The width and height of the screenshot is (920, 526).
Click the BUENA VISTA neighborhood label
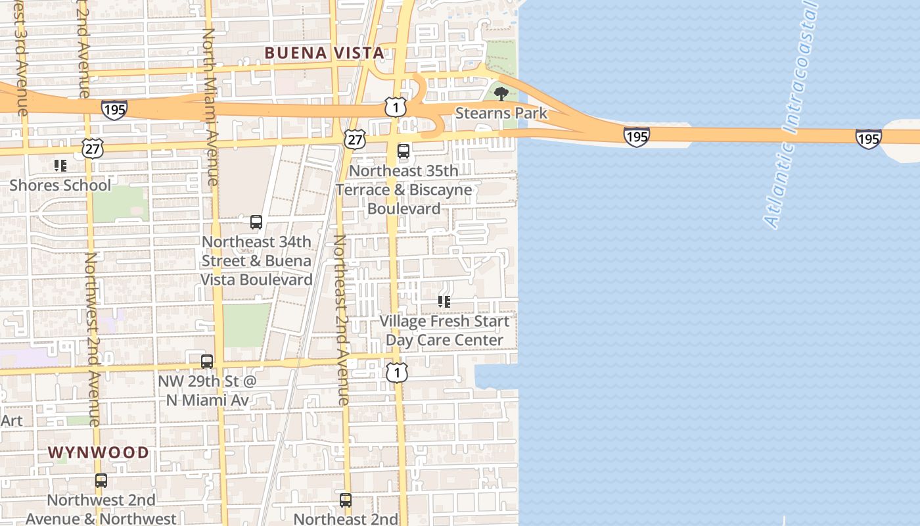coord(324,53)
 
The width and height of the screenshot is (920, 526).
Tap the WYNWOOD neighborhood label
coord(99,452)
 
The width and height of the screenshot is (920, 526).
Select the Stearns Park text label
coord(501,113)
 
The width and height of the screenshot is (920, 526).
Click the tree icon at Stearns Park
coord(501,93)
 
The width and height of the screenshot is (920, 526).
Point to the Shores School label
coord(60,185)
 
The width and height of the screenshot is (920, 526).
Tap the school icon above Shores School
coord(60,166)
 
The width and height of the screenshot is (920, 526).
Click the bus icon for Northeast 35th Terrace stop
coord(403,151)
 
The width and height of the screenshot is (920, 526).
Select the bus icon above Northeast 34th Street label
coord(256,222)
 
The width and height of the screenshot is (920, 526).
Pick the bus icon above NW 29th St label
coord(207,361)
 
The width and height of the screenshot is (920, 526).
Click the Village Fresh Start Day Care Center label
coord(444,331)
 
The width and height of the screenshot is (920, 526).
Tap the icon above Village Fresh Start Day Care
coord(444,302)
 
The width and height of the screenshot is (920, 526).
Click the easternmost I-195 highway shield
coord(868,138)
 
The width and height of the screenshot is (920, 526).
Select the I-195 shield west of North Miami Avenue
coord(114,109)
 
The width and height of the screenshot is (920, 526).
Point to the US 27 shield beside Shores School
coord(93,149)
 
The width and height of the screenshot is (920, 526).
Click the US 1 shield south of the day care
coord(397,373)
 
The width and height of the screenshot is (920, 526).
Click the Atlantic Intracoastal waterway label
coord(791,115)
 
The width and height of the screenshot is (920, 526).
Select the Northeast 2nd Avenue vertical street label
coord(341,319)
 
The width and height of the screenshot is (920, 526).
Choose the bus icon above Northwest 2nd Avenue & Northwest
coord(101,481)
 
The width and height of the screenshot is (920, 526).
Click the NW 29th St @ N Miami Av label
coord(206,391)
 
